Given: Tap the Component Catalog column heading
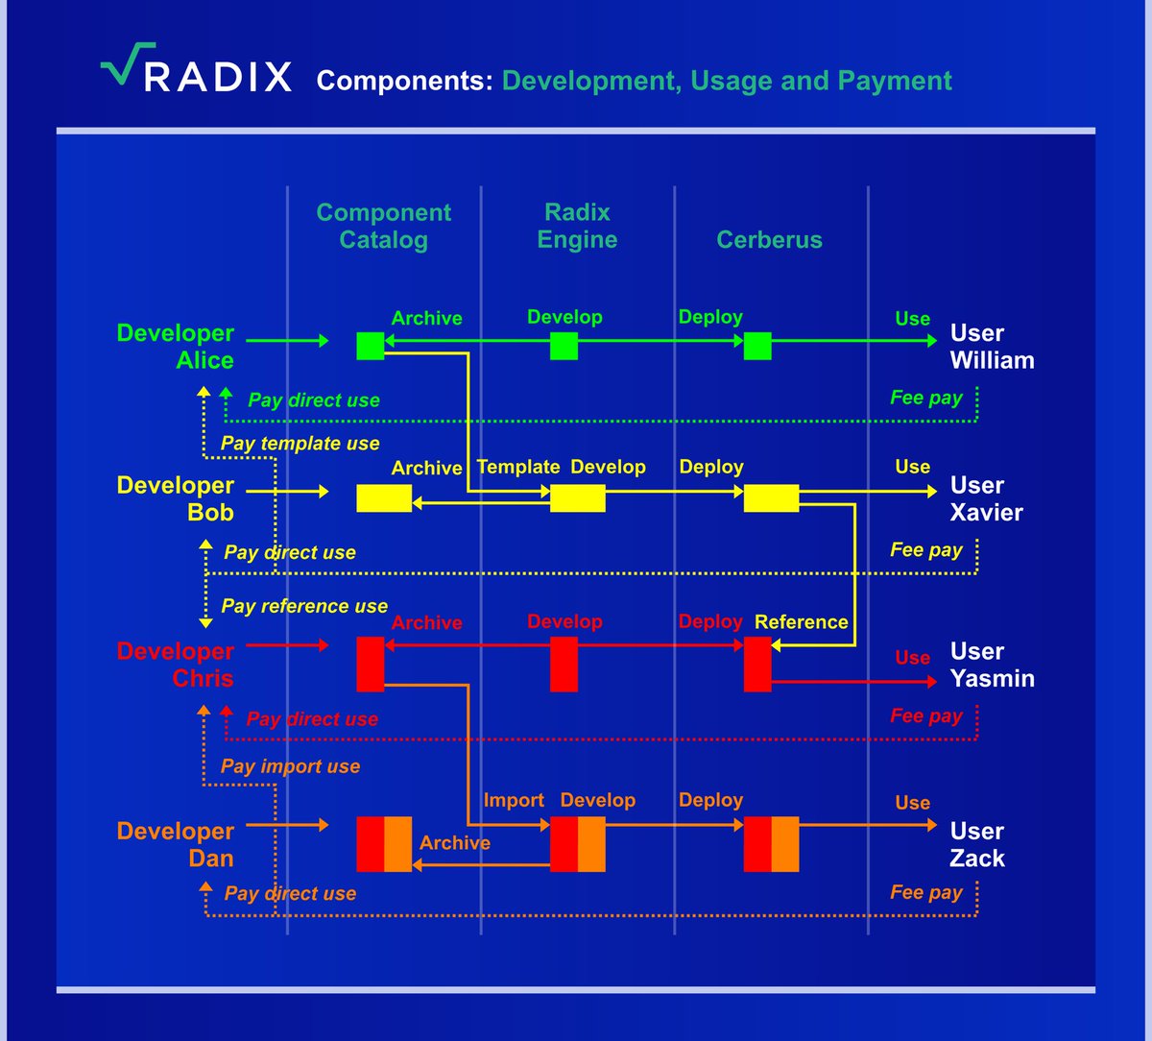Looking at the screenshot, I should point(383,226).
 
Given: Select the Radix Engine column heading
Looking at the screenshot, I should point(577,226).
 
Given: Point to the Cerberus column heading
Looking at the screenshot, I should point(769,239).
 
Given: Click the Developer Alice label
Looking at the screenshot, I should point(176,347).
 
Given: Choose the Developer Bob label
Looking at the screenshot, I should point(176,498).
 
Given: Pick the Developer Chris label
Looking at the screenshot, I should point(176,665).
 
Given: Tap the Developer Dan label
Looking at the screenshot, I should point(176,844).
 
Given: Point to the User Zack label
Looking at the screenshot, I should point(977,844).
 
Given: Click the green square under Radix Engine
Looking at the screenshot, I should point(564,346).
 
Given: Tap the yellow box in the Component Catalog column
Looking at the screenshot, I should point(384,497).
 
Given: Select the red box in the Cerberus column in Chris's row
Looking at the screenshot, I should point(757,664).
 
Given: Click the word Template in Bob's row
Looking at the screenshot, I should point(518,467).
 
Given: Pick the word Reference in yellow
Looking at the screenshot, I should point(802,621).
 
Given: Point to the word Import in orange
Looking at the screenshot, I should point(514,800).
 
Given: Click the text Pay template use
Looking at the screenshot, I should point(300,443).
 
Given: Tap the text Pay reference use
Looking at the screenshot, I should point(304,606).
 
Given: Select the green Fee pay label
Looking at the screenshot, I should point(925,397).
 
